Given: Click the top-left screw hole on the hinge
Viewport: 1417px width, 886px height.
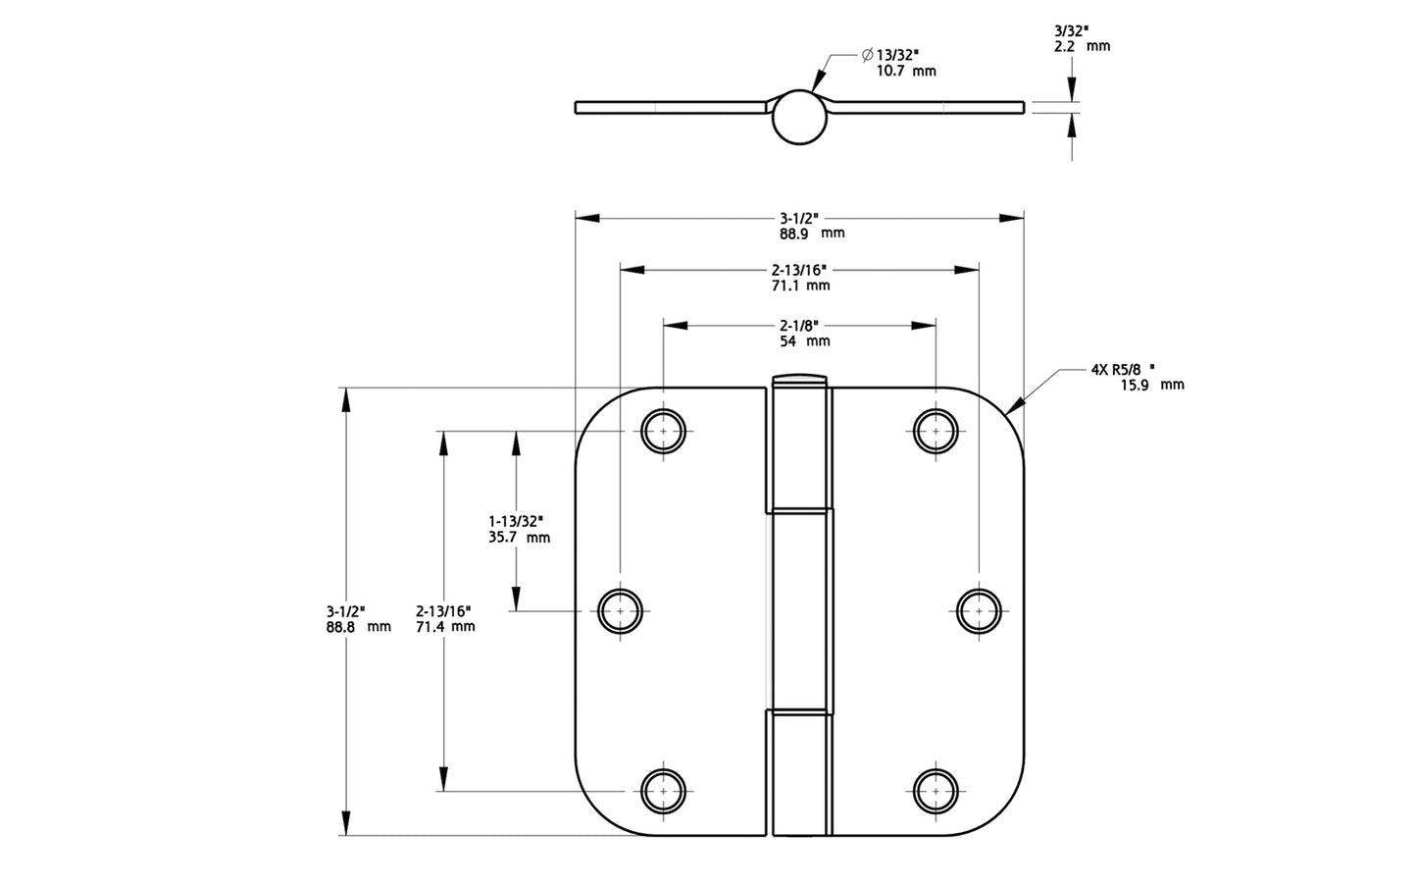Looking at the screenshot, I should click(x=664, y=431).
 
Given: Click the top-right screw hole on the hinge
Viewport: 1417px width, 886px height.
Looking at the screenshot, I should click(x=936, y=431).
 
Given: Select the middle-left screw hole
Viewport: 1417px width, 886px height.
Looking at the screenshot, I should click(x=620, y=610).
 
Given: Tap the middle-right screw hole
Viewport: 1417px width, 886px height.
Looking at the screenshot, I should click(x=979, y=610).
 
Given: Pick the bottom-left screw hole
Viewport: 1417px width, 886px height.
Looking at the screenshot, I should click(x=664, y=790).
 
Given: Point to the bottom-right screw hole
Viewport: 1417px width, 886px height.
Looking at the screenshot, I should click(x=936, y=790).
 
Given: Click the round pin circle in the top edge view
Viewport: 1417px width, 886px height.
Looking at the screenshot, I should click(x=799, y=119).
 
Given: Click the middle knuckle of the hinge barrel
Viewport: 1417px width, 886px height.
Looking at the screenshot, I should click(x=800, y=608).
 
